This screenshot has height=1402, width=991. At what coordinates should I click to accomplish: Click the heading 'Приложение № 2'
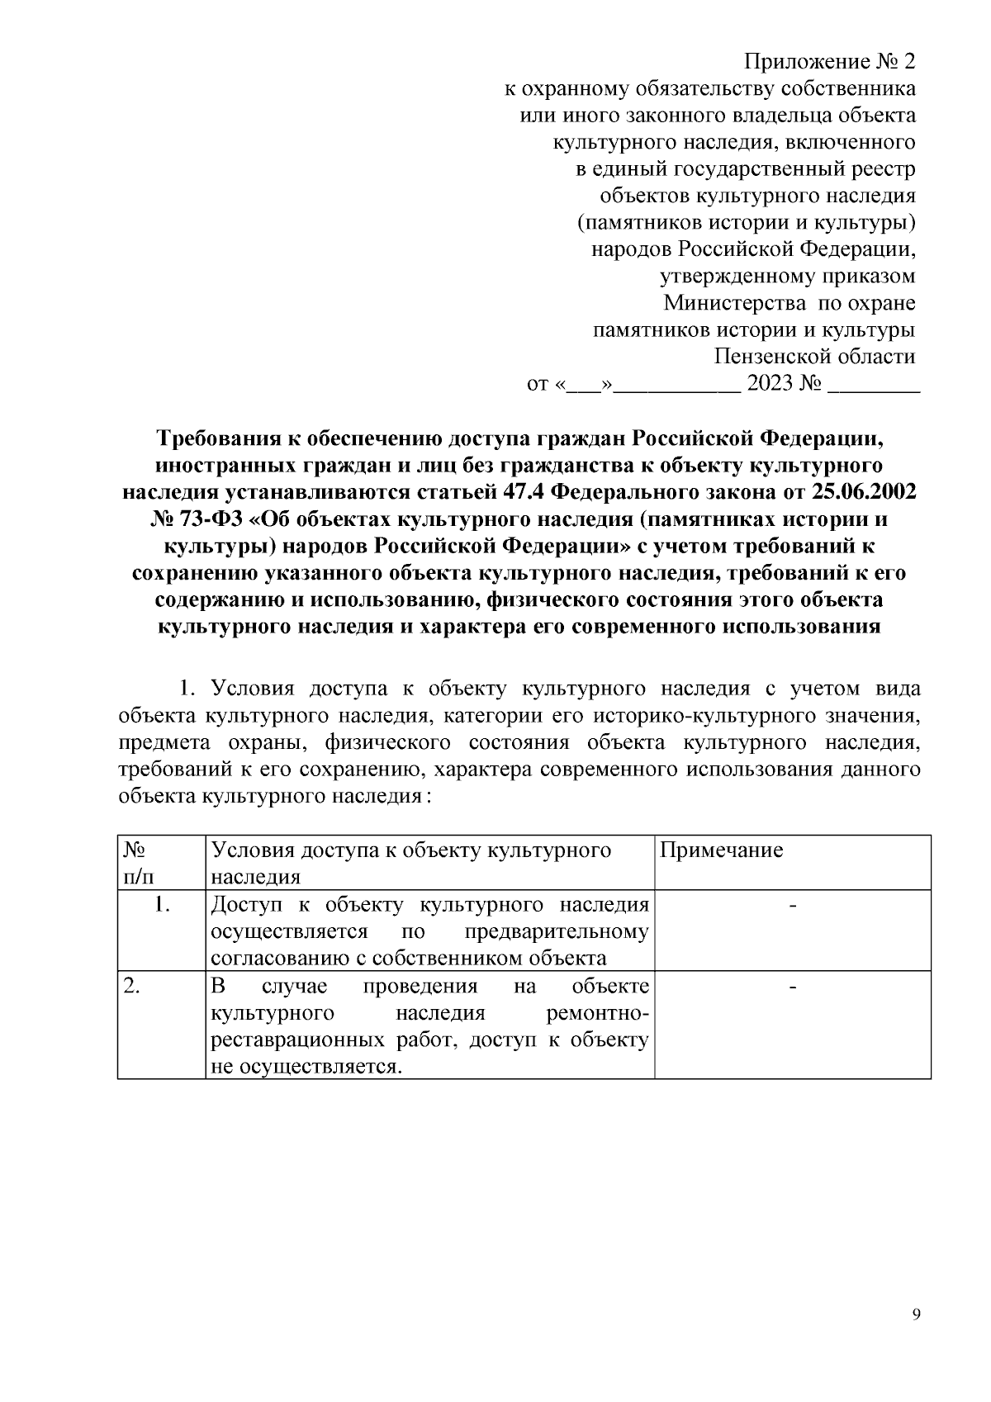[x=830, y=62]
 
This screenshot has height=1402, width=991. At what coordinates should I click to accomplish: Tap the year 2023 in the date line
[x=770, y=384]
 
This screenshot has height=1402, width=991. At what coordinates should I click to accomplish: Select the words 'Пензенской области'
[x=814, y=357]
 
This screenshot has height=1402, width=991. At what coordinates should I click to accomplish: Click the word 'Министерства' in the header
[x=735, y=303]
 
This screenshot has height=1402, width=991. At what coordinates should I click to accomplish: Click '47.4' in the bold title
[x=521, y=492]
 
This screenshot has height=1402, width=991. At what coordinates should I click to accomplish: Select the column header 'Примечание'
[x=722, y=850]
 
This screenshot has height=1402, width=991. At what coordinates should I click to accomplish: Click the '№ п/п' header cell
[x=137, y=863]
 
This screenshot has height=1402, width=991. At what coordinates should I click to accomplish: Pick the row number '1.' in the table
[x=162, y=905]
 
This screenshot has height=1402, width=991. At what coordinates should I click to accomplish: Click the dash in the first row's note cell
[x=793, y=906]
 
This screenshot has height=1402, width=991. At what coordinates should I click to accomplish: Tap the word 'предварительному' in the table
[x=556, y=932]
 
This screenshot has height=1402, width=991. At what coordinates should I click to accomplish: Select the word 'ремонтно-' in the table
[x=598, y=1013]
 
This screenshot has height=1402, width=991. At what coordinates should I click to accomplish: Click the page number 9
[x=916, y=1315]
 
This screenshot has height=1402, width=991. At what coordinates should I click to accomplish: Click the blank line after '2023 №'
[x=873, y=384]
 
